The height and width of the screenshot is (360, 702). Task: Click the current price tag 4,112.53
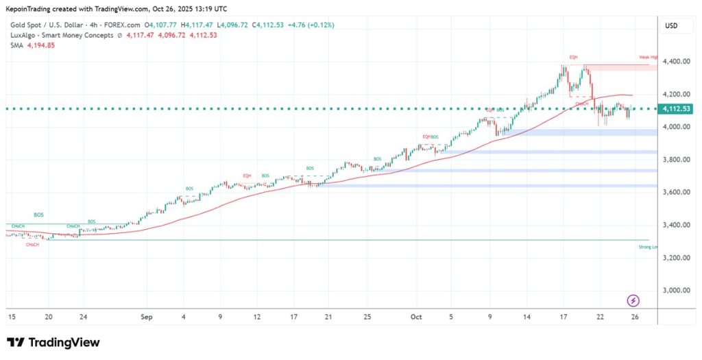click(x=676, y=109)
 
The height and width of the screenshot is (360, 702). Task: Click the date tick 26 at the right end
click(x=636, y=317)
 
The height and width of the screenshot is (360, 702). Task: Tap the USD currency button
click(x=672, y=25)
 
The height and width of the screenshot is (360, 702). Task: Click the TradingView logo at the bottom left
click(x=53, y=342)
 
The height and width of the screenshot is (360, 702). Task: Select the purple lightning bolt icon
click(x=633, y=300)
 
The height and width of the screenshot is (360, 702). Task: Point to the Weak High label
click(x=648, y=57)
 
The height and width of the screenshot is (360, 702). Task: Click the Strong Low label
click(x=648, y=246)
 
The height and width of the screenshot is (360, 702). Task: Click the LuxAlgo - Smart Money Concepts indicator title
click(x=61, y=35)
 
